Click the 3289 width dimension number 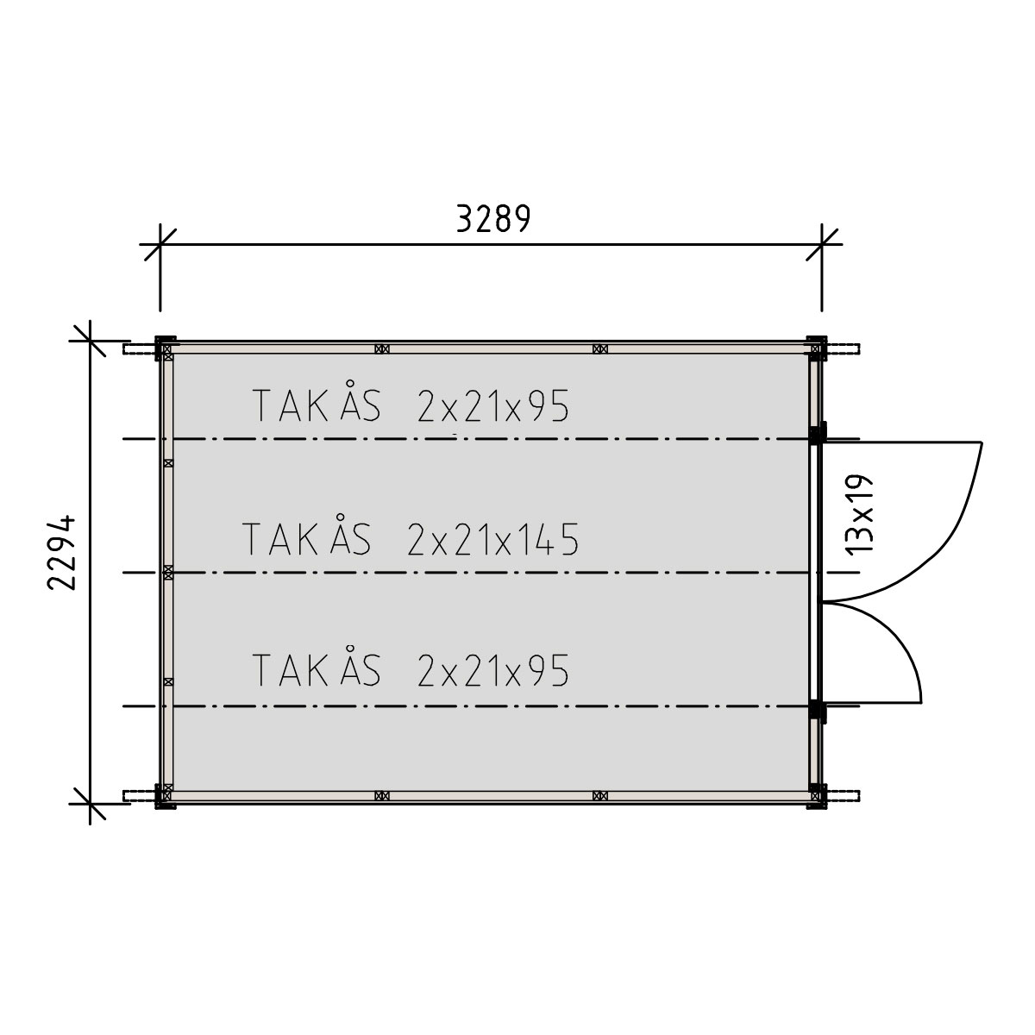tap(493, 218)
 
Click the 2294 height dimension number tap(62, 553)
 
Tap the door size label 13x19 tap(859, 514)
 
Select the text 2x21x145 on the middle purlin tap(493, 539)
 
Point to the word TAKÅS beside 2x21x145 tap(307, 535)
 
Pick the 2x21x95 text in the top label tap(493, 405)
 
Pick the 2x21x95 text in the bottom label tap(493, 670)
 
